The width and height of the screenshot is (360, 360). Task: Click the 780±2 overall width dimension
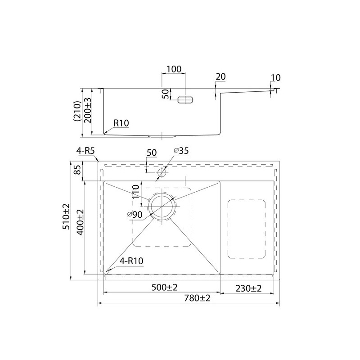click(x=197, y=298)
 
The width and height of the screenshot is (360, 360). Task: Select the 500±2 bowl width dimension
click(x=164, y=287)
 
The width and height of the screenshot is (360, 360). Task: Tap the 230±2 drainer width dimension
click(x=248, y=288)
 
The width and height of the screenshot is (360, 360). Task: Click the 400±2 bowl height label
click(x=81, y=222)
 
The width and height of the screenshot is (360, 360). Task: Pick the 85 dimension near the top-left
click(x=78, y=170)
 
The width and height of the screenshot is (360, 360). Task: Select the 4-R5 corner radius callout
click(x=85, y=151)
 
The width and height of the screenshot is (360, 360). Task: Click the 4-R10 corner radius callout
click(x=131, y=261)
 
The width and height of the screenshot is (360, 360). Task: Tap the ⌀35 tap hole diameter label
click(x=181, y=151)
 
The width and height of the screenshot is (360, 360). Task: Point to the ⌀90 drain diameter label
click(x=135, y=215)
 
